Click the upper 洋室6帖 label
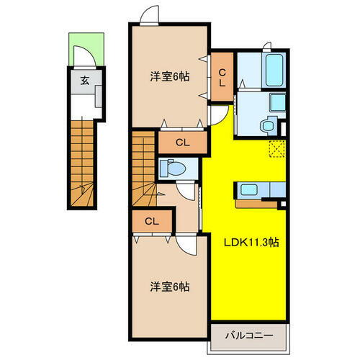click(171, 77)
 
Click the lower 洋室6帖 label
click(171, 287)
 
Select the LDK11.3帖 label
click(250, 243)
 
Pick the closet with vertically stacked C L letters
click(222, 77)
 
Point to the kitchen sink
click(248, 190)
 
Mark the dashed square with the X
click(276, 149)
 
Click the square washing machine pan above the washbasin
click(278, 102)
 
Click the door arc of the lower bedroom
click(186, 245)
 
